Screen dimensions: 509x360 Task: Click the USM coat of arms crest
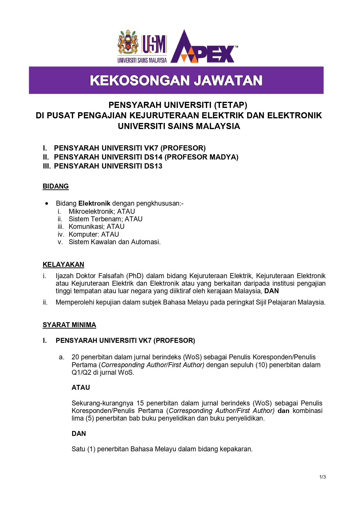(128, 43)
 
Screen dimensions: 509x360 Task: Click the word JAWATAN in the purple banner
(228, 81)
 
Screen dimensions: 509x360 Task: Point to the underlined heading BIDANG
(56, 186)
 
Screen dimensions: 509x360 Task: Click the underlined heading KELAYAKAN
(63, 265)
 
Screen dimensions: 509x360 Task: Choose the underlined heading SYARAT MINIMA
(69, 325)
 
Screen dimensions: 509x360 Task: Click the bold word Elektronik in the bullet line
(94, 203)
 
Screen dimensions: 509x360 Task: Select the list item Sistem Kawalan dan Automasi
(114, 242)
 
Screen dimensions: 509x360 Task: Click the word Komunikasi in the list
(87, 227)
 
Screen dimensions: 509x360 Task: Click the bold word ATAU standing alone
(81, 387)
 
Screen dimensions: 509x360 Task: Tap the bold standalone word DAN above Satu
(79, 434)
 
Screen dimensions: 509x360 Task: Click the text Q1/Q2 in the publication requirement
(81, 372)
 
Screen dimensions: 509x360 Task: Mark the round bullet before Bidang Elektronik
(47, 204)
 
